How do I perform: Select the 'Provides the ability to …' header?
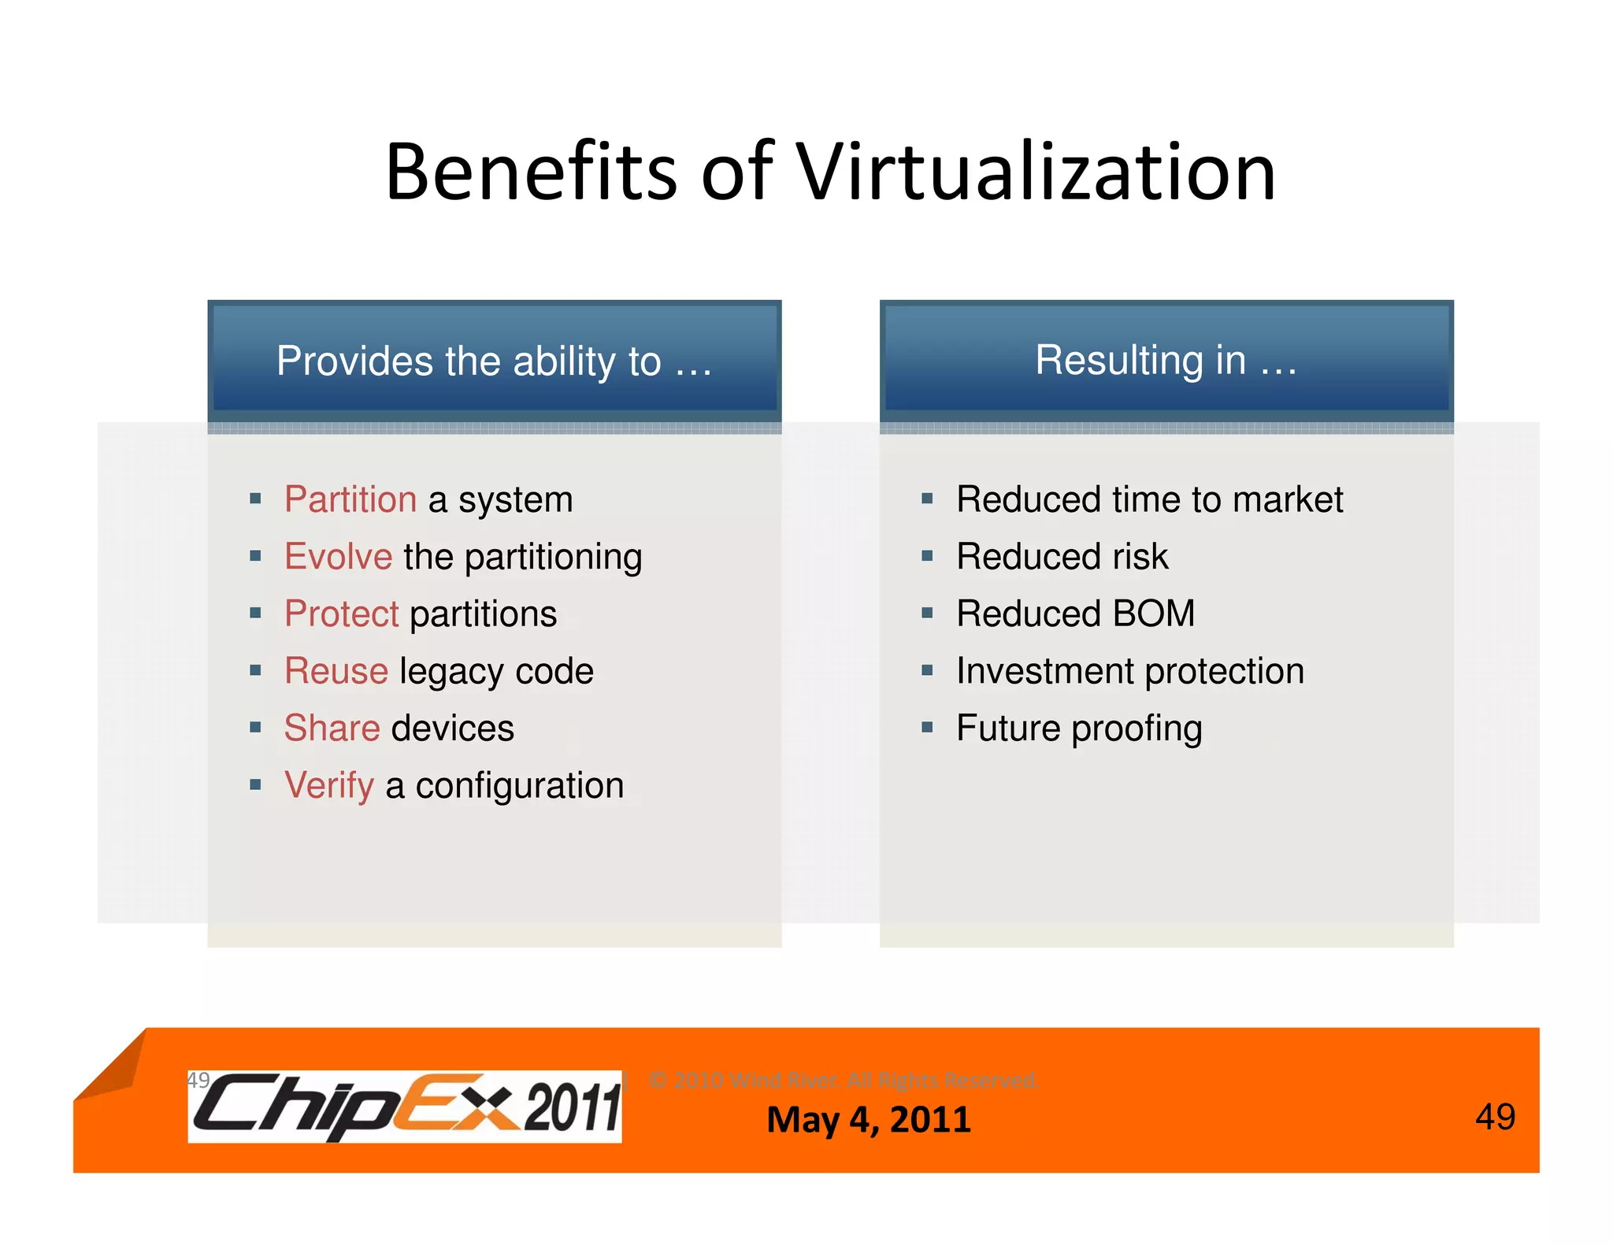(495, 362)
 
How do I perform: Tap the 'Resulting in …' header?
(1166, 360)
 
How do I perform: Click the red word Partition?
(350, 499)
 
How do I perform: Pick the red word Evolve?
(339, 557)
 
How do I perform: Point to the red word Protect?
(342, 614)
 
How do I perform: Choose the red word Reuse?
(336, 671)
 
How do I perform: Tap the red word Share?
(332, 728)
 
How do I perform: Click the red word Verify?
(329, 785)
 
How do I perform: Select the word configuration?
(520, 786)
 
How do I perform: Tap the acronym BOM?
(1154, 614)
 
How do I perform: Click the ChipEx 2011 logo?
(405, 1106)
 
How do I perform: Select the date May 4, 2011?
(869, 1119)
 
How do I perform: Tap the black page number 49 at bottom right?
(1495, 1117)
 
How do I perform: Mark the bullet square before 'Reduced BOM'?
(927, 613)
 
